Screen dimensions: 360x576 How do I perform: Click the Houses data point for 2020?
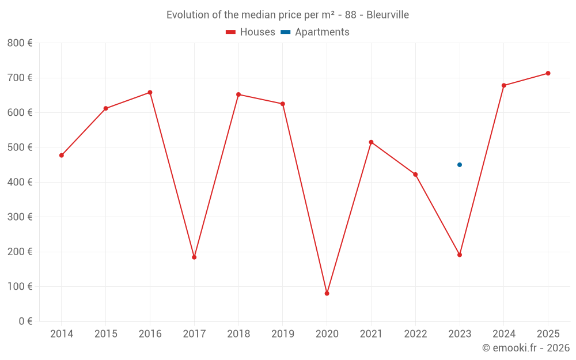327,294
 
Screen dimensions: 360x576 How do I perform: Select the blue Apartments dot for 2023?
460,165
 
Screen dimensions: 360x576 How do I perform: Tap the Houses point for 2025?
548,73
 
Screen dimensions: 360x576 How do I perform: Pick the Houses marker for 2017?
194,257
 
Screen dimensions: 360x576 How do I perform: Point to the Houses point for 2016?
150,93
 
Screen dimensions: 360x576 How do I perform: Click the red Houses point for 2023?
460,255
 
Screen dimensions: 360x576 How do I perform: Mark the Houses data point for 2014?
62,156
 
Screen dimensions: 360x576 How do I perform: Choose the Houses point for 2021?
371,142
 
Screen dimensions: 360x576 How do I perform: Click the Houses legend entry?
251,32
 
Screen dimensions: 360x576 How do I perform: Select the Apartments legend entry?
315,32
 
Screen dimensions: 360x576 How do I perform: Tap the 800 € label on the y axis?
20,43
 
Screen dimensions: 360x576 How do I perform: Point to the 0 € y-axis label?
25,321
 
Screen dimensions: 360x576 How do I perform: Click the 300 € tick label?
20,217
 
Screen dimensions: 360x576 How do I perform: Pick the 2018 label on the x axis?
238,334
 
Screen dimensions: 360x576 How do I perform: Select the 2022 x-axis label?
415,334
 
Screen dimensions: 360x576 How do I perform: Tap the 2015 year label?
106,334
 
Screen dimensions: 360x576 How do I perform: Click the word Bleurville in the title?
388,15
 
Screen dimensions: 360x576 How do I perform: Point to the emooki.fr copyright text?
526,348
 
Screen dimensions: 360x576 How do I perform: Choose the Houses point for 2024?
504,86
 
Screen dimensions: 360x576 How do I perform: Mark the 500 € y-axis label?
20,147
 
